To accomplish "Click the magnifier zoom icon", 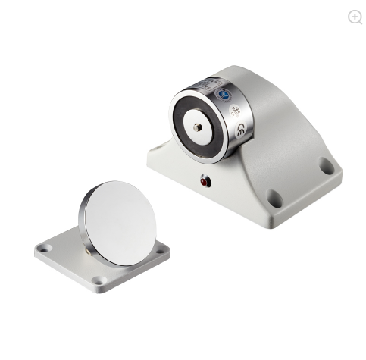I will (x=355, y=17).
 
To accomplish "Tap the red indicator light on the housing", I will (x=204, y=181).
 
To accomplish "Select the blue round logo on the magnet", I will (x=225, y=95).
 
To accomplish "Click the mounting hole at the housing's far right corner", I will (x=327, y=165).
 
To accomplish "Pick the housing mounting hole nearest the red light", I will (x=274, y=199).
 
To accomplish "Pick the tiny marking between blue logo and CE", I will (x=233, y=111).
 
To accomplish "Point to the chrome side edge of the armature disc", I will (x=82, y=217).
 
